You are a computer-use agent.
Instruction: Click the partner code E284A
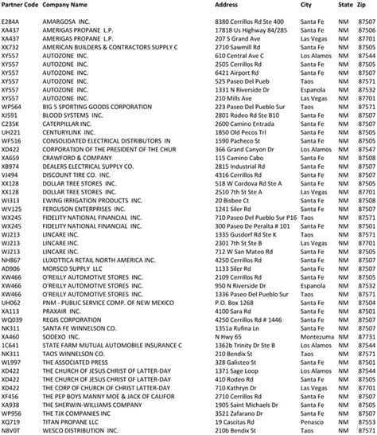11,18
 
